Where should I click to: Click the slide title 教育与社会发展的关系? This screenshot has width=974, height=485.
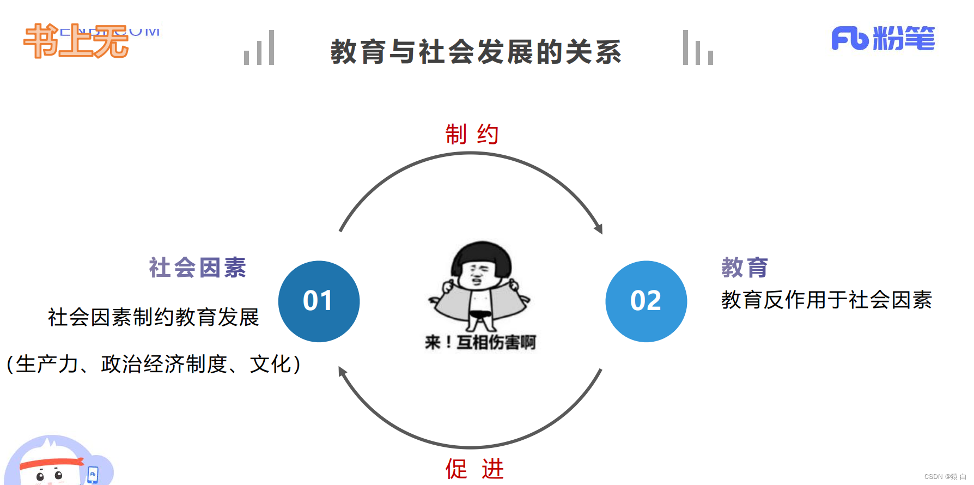click(476, 52)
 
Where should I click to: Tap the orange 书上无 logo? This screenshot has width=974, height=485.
click(76, 41)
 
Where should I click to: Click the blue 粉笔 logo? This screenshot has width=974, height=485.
click(882, 39)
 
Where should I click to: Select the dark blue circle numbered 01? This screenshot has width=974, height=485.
click(319, 301)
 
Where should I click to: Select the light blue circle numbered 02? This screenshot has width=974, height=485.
click(646, 301)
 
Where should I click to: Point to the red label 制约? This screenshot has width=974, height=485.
click(472, 134)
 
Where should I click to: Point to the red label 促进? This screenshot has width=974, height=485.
click(474, 469)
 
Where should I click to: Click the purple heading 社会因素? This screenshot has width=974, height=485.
click(197, 268)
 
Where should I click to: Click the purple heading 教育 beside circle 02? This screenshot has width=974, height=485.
click(745, 268)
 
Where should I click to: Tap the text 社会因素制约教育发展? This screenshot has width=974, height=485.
click(153, 317)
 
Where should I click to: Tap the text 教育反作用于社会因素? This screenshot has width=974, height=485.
click(826, 300)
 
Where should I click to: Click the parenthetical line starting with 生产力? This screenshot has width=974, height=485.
click(153, 364)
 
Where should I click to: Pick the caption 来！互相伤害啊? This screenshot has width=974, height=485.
click(480, 342)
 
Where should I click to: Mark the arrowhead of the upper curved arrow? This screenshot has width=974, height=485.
click(599, 229)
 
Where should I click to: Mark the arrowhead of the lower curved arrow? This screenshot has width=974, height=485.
click(342, 372)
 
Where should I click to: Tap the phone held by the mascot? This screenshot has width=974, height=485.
click(93, 474)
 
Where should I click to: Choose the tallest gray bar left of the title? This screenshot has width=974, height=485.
click(271, 47)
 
